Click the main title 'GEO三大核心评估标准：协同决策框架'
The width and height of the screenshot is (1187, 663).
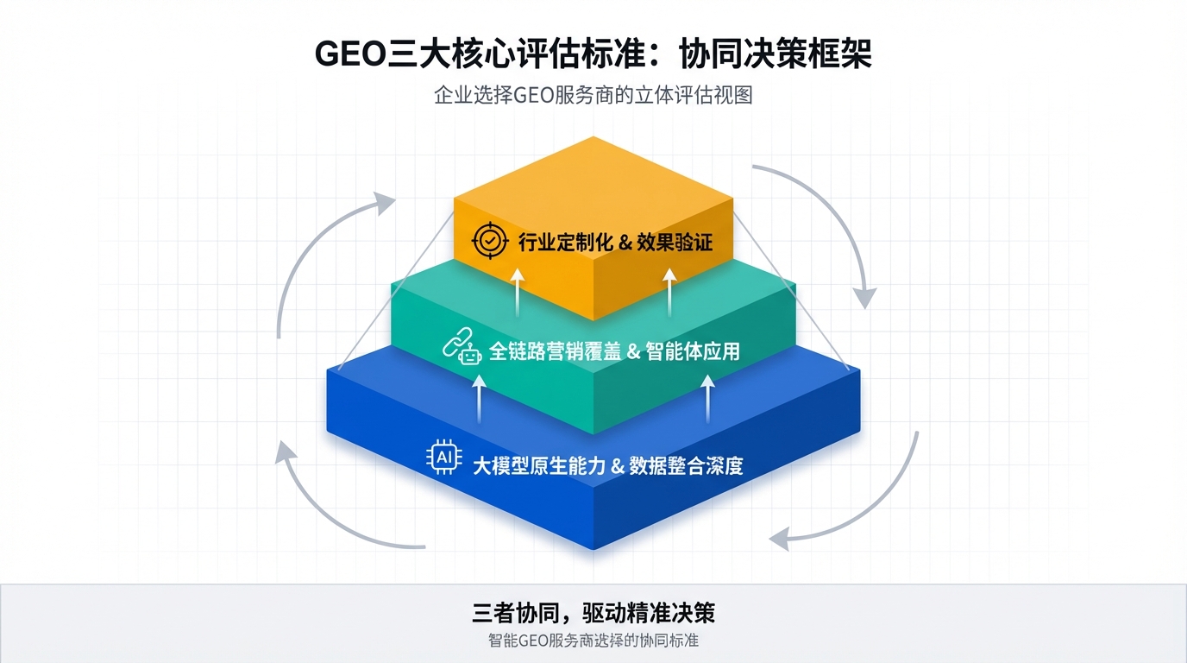pyautogui.click(x=593, y=54)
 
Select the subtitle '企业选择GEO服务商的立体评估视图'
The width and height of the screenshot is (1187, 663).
pyautogui.click(x=593, y=95)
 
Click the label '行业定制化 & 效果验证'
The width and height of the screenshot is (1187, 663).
pyautogui.click(x=615, y=243)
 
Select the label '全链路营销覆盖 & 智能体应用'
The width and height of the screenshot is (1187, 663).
pyautogui.click(x=613, y=351)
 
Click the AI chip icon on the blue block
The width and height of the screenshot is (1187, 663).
pyautogui.click(x=445, y=458)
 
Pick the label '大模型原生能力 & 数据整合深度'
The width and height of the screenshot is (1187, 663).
pyautogui.click(x=607, y=466)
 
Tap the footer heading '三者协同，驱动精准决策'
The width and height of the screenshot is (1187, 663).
pyautogui.click(x=593, y=614)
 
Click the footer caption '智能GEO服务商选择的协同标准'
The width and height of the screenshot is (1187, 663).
pyautogui.click(x=593, y=641)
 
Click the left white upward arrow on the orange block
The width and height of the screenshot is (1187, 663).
pyautogui.click(x=517, y=289)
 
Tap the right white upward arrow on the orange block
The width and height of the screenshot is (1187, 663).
pyautogui.click(x=670, y=289)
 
